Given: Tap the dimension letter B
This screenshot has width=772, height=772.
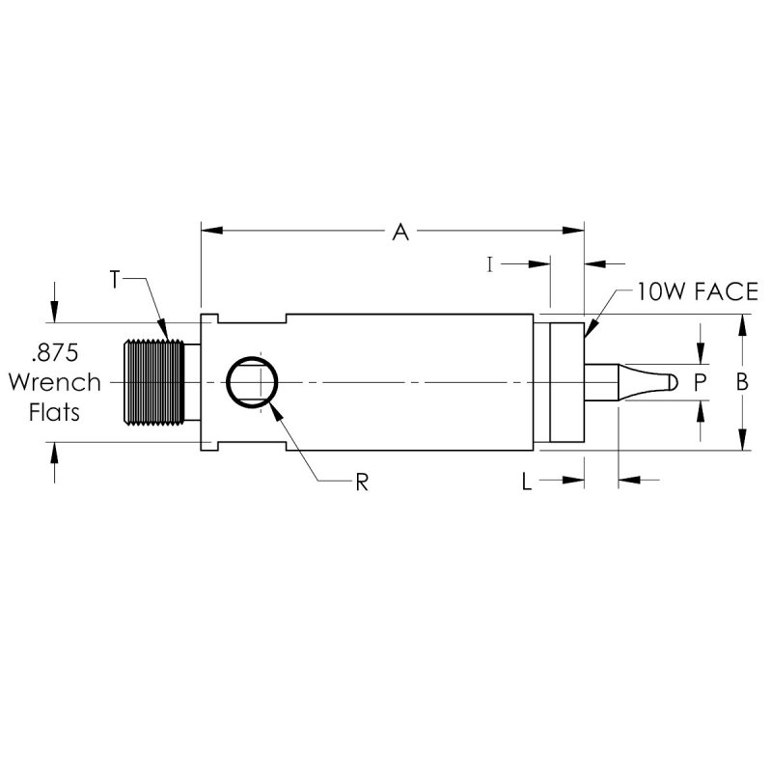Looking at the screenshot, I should click(742, 382).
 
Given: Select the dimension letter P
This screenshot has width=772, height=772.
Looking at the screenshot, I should click(701, 382).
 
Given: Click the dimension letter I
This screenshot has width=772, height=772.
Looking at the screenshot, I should click(490, 263).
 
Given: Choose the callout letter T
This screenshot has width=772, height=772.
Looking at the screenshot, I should click(115, 279).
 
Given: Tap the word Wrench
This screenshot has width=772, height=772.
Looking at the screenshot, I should click(54, 382).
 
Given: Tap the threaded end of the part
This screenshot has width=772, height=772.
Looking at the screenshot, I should click(152, 382).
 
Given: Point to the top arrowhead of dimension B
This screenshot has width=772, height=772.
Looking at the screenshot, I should click(742, 326).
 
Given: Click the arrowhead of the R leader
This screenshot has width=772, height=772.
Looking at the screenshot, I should click(273, 405).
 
